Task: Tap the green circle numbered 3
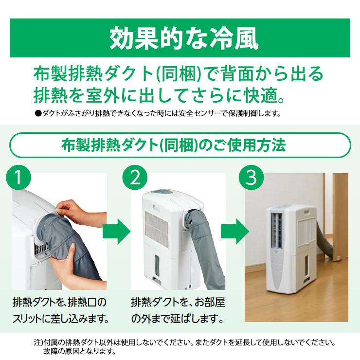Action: pyautogui.click(x=251, y=179)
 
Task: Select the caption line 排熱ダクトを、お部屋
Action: pyautogui.click(x=178, y=302)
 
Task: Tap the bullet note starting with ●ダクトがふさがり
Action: pyautogui.click(x=158, y=114)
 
